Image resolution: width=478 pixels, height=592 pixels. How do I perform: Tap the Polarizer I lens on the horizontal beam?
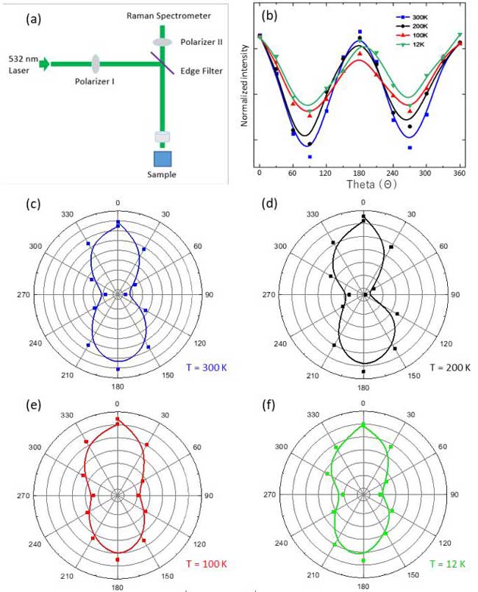click(96, 64)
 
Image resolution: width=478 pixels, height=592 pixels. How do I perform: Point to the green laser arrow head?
click(46, 64)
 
